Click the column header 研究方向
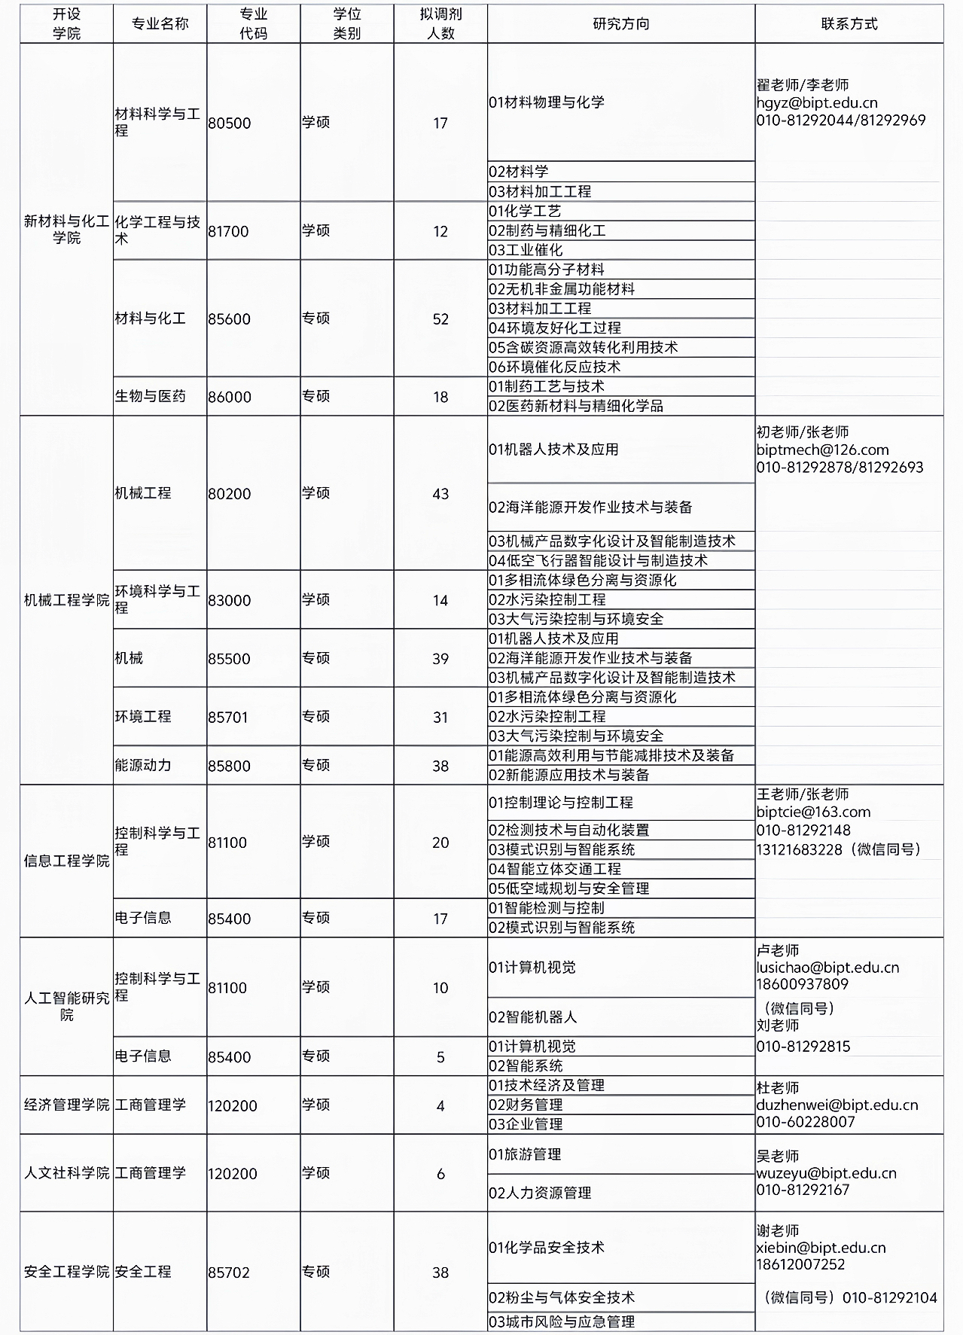pyautogui.click(x=620, y=24)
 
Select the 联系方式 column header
pyautogui.click(x=849, y=24)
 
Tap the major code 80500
pyautogui.click(x=230, y=123)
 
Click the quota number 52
pyautogui.click(x=440, y=319)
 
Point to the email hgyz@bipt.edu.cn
pyautogui.click(x=817, y=103)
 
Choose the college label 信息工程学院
pyautogui.click(x=66, y=861)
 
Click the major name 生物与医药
pyautogui.click(x=150, y=396)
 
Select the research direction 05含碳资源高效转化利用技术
pyautogui.click(x=584, y=348)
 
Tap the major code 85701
pyautogui.click(x=228, y=717)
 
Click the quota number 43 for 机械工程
pyautogui.click(x=440, y=494)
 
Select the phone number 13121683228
pyautogui.click(x=799, y=849)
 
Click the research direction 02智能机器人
pyautogui.click(x=532, y=1017)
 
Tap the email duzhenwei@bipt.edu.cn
pyautogui.click(x=837, y=1105)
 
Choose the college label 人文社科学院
pyautogui.click(x=66, y=1173)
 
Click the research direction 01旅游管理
pyautogui.click(x=525, y=1154)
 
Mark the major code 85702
pyautogui.click(x=229, y=1273)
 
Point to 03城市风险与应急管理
pyautogui.click(x=562, y=1321)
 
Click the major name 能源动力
pyautogui.click(x=143, y=765)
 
